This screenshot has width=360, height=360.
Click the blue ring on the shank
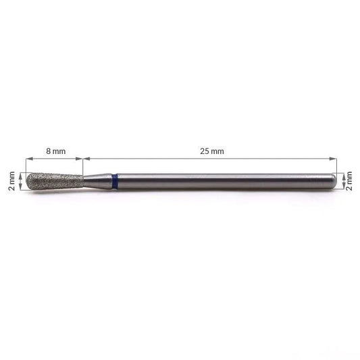click(x=115, y=182)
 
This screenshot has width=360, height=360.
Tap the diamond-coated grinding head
click(x=55, y=182)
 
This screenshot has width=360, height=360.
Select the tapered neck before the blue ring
click(x=98, y=182)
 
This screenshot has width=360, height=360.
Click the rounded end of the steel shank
click(x=335, y=182)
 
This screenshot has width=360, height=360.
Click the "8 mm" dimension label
click(x=56, y=151)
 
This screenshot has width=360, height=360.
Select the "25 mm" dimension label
click(x=212, y=151)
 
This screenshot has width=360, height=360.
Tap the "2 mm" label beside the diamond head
click(x=11, y=181)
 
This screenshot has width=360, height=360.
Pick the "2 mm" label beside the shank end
click(x=349, y=181)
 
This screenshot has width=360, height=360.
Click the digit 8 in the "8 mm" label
click(x=48, y=151)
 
